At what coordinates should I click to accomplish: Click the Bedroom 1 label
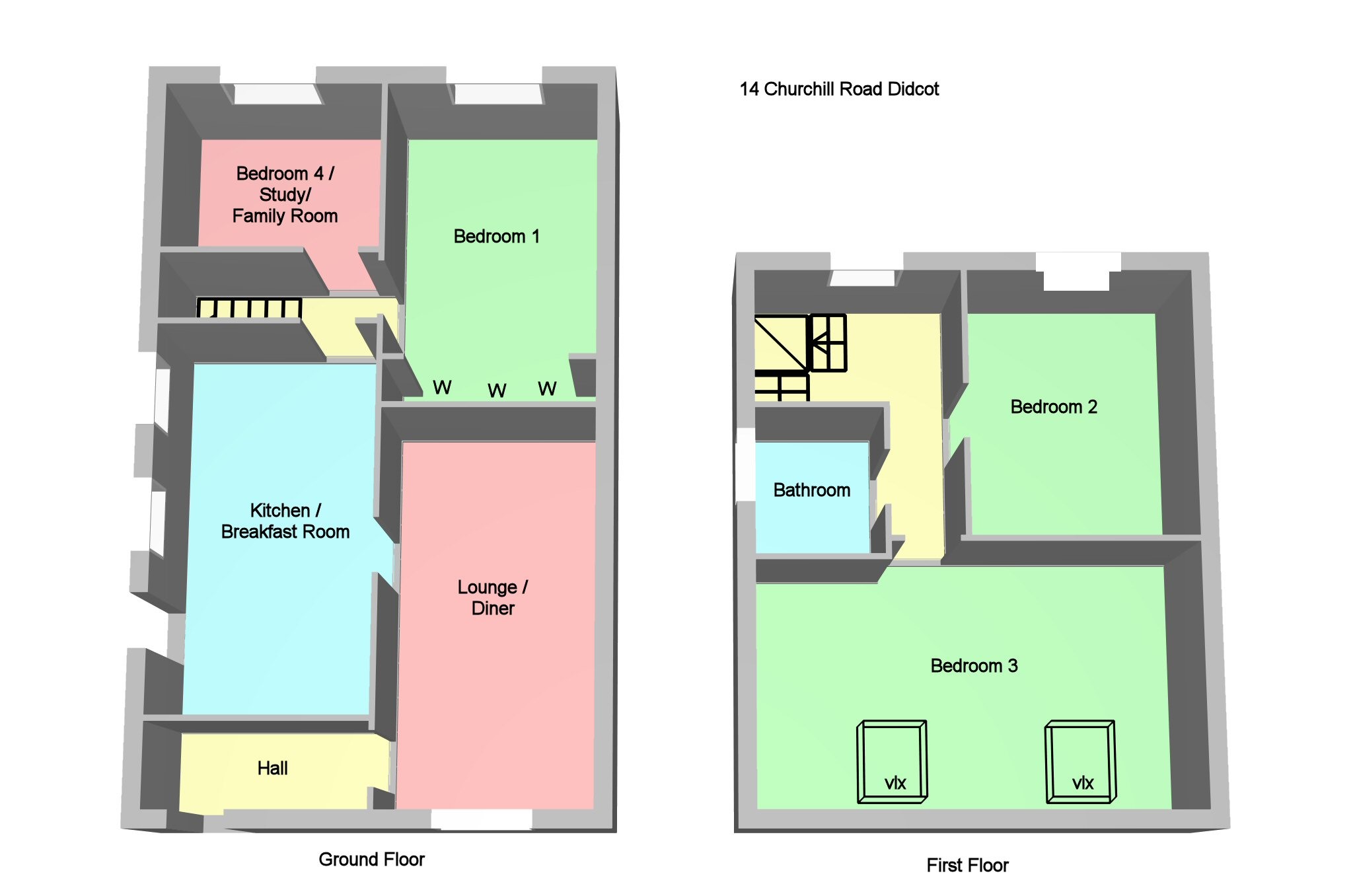point(496,237)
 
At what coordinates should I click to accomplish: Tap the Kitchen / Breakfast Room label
point(285,521)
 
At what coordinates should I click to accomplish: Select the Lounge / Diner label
point(493,597)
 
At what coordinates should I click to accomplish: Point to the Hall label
point(272,768)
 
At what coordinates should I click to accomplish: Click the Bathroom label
point(811,490)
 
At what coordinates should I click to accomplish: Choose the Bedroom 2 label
point(1053,407)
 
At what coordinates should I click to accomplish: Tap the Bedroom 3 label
point(974,666)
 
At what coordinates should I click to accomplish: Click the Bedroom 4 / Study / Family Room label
point(285,194)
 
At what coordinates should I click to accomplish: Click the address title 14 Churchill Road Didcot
point(839,89)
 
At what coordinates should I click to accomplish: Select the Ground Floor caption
point(371,860)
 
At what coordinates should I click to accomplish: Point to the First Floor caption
point(967,866)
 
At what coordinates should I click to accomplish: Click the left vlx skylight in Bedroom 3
point(892,762)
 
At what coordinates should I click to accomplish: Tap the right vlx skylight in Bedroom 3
point(1080,762)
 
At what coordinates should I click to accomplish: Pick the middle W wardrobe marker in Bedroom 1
point(497,390)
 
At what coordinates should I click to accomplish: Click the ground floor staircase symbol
point(250,308)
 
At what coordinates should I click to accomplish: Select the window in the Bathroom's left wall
point(746,465)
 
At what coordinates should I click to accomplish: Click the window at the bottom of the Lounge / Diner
point(482,819)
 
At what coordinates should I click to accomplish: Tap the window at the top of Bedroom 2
point(1077,272)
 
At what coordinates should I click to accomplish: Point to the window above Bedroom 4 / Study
point(277,94)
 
